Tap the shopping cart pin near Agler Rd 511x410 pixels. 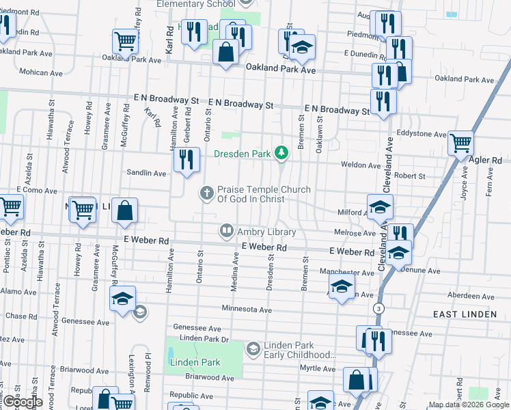[461, 143]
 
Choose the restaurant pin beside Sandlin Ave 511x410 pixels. [186, 160]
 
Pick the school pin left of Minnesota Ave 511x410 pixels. [123, 298]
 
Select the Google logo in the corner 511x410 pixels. [22, 402]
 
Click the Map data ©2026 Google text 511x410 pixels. [469, 405]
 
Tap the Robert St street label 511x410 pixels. [410, 176]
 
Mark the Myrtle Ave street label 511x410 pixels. [319, 369]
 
